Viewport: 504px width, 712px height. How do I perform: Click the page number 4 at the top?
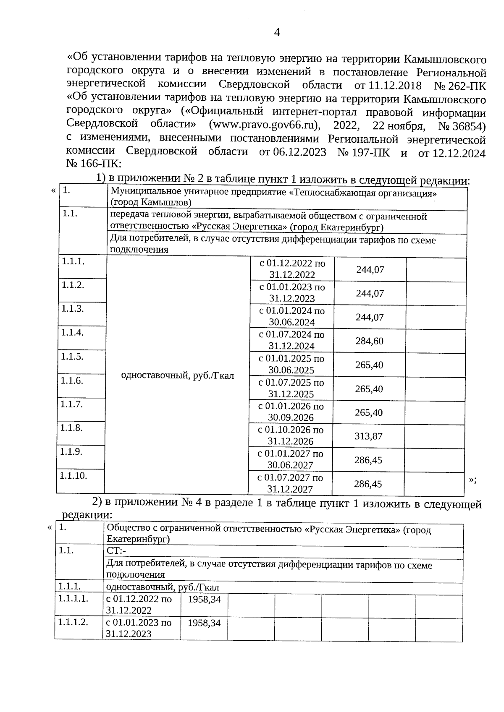pyautogui.click(x=276, y=33)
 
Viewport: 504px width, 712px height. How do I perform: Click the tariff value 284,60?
pyautogui.click(x=370, y=341)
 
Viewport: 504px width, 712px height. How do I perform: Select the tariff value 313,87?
pyautogui.click(x=368, y=436)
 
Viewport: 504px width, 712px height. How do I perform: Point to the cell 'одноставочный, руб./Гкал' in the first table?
pyautogui.click(x=177, y=376)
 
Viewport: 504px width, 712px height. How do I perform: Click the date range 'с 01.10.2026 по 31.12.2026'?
pyautogui.click(x=291, y=436)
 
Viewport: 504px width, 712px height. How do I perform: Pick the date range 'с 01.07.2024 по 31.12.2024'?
pyautogui.click(x=292, y=340)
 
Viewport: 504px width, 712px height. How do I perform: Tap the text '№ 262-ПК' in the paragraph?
pyautogui.click(x=460, y=86)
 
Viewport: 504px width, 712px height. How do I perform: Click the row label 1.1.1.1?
pyautogui.click(x=74, y=599)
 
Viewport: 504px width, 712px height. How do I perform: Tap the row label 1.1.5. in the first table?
pyautogui.click(x=72, y=357)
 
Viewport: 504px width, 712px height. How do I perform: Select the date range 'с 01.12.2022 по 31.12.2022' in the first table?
pyautogui.click(x=292, y=269)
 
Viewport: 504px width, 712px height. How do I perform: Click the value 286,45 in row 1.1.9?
pyautogui.click(x=368, y=460)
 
